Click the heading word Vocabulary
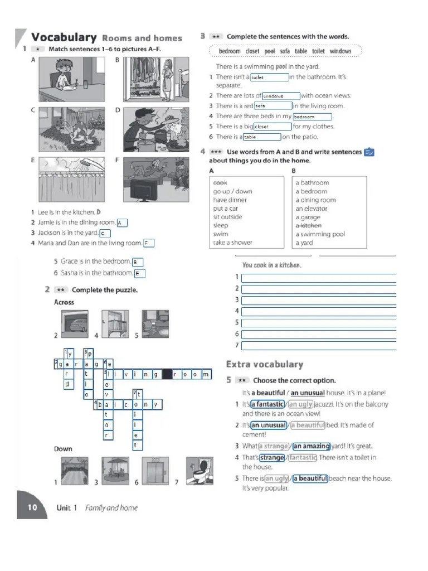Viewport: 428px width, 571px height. (64, 37)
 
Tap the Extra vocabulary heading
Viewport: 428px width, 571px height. (264, 364)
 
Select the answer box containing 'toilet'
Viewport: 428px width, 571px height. (269, 78)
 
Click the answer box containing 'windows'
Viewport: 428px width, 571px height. (281, 96)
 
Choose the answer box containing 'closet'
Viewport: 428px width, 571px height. (272, 127)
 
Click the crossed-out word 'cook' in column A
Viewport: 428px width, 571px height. (220, 182)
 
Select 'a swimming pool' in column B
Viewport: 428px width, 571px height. (320, 234)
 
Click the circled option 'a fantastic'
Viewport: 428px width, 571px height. (267, 404)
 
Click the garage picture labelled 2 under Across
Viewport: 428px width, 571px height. (76, 324)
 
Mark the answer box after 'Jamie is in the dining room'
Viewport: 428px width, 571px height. (122, 223)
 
